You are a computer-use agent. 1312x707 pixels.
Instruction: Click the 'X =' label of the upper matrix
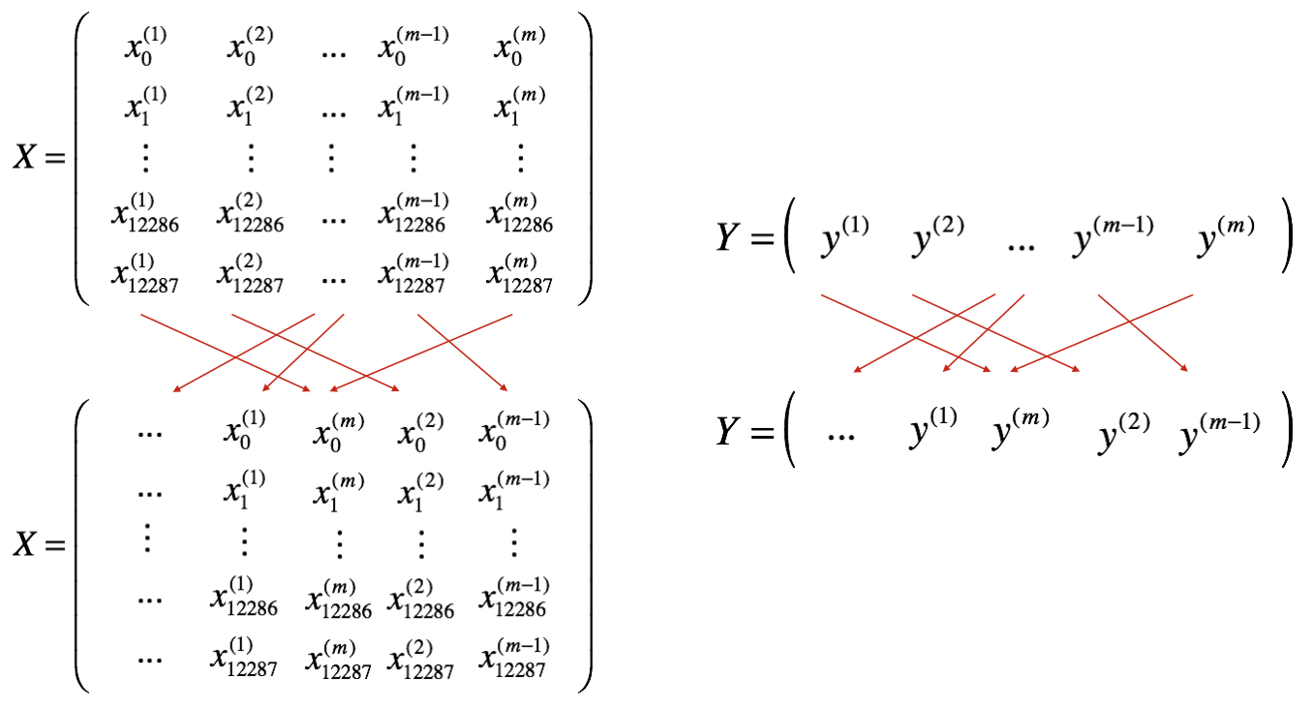tap(39, 157)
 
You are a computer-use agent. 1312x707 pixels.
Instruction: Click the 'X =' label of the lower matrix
tap(39, 544)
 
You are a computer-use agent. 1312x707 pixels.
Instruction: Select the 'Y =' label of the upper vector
tap(744, 236)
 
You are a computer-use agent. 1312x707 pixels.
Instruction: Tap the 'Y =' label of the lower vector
tap(744, 431)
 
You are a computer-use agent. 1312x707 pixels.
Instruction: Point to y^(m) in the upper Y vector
tap(1226, 238)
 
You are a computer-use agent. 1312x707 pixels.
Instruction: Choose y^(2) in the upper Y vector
tap(935, 238)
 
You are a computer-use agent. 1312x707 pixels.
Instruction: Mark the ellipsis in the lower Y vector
tap(840, 436)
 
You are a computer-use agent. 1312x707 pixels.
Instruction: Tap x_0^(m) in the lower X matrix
tap(338, 430)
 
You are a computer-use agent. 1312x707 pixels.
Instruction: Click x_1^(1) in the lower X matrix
tap(243, 488)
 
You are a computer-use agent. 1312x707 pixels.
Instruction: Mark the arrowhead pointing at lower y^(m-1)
tap(1183, 368)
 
